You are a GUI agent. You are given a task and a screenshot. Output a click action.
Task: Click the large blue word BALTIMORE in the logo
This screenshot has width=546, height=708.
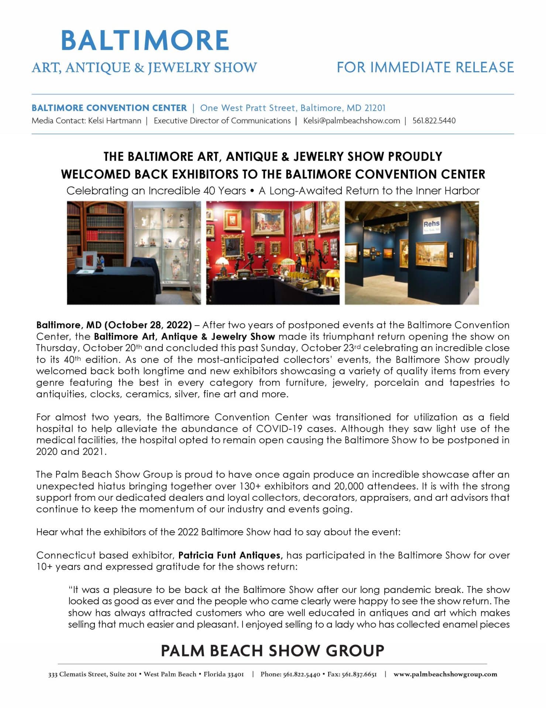click(x=145, y=41)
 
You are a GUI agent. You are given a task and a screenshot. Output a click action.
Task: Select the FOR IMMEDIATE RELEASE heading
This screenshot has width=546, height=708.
click(x=425, y=67)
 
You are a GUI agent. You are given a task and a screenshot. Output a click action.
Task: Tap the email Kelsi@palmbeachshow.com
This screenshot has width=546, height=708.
click(x=351, y=121)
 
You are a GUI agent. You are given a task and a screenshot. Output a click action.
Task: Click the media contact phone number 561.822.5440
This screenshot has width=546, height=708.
click(x=434, y=121)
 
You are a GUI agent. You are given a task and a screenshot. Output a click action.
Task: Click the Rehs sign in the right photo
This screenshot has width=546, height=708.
click(x=431, y=224)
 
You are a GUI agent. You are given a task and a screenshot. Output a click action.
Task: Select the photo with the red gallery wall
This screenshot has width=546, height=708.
click(x=272, y=253)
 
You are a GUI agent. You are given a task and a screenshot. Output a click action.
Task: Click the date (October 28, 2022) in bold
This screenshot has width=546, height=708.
click(x=148, y=325)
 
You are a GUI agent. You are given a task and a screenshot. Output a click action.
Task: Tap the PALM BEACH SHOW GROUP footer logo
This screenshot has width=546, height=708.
click(x=272, y=650)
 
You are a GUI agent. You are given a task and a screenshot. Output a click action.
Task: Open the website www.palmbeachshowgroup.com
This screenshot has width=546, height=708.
click(x=445, y=674)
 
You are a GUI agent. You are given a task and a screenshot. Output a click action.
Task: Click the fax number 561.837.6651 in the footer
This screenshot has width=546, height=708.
click(x=359, y=674)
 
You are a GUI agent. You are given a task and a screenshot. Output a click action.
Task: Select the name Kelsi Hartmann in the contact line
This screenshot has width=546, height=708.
click(x=114, y=121)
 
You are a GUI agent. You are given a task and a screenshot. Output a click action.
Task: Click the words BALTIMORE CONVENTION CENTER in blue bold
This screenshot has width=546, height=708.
click(x=109, y=108)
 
